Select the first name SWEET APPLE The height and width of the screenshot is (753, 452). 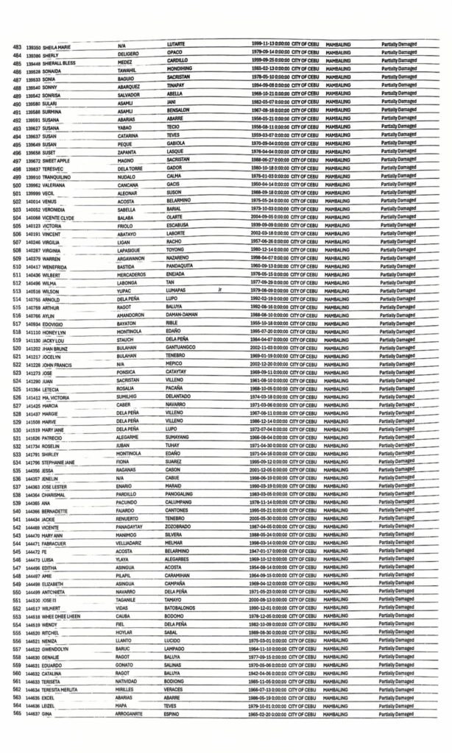tap(58, 159)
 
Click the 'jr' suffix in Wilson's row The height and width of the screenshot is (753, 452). tap(219, 290)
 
